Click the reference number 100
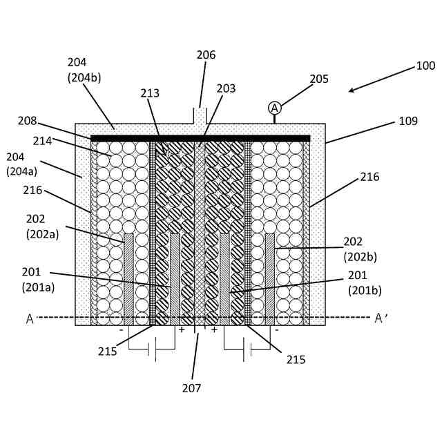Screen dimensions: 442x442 pyautogui.click(x=425, y=66)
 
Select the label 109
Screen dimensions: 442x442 pyautogui.click(x=408, y=121)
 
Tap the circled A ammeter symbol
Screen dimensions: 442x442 pyautogui.click(x=275, y=108)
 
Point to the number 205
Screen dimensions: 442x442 pyautogui.click(x=319, y=79)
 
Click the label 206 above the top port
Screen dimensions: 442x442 pyautogui.click(x=206, y=55)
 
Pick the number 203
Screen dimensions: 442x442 pyautogui.click(x=226, y=88)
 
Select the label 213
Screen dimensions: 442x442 pyautogui.click(x=150, y=93)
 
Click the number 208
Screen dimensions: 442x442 pyautogui.click(x=28, y=121)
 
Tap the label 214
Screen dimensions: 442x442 pyautogui.click(x=42, y=141)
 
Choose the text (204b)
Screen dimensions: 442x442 pyautogui.click(x=84, y=77)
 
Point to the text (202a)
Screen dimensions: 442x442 pyautogui.click(x=43, y=233)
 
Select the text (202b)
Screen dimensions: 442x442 pyautogui.click(x=361, y=256)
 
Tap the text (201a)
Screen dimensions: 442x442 pyautogui.click(x=38, y=287)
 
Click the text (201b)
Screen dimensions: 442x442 pyautogui.click(x=365, y=290)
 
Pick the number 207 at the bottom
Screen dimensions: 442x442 pyautogui.click(x=191, y=388)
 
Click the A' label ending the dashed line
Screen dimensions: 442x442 pyautogui.click(x=381, y=318)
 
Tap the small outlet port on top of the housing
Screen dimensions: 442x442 pyautogui.click(x=200, y=116)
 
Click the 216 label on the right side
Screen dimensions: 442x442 pyautogui.click(x=369, y=177)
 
